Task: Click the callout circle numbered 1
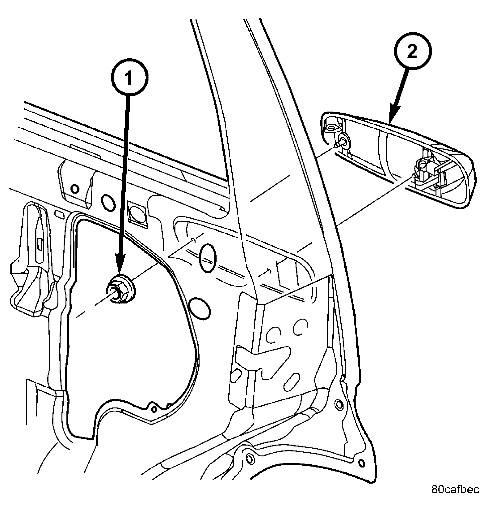tap(129, 77)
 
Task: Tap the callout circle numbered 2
tap(412, 51)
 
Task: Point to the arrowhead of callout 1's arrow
tap(120, 265)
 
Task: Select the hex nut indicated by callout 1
tap(120, 289)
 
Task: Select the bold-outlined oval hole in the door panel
tap(207, 258)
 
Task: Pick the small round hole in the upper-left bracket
tap(75, 189)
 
